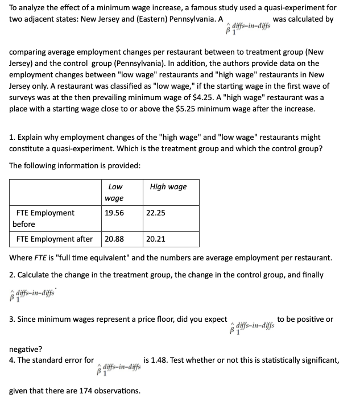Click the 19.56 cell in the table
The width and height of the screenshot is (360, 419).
coord(114,213)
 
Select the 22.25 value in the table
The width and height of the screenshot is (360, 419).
coord(156,213)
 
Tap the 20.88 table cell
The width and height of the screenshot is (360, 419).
coord(114,239)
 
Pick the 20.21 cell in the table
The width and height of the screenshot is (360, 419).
coord(156,239)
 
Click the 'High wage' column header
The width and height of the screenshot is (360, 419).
coord(168,186)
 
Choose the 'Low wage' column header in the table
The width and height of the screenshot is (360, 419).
coord(115,192)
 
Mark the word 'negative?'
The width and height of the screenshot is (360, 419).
coord(26,349)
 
